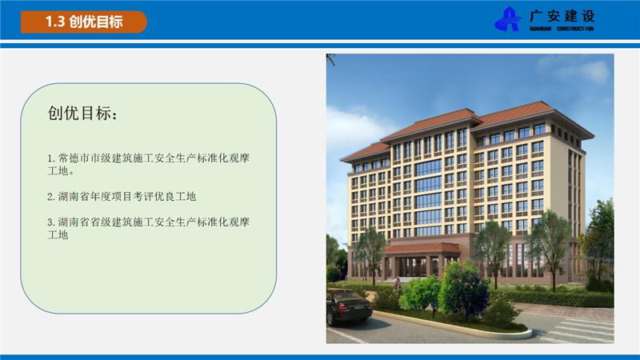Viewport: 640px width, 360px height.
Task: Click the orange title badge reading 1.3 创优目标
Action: click(84, 22)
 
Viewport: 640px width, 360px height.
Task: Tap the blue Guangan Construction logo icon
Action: click(508, 18)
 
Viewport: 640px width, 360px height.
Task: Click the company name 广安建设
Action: click(562, 16)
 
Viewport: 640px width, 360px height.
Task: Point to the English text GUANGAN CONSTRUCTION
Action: click(562, 29)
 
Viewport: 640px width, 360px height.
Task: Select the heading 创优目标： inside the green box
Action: click(83, 113)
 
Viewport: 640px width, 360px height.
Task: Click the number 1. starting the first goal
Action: click(51, 158)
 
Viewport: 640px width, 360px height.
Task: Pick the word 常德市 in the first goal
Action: click(74, 158)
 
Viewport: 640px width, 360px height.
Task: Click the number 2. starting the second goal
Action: click(51, 197)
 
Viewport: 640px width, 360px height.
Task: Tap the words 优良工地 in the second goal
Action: click(175, 196)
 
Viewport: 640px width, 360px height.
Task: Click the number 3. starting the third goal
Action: click(51, 222)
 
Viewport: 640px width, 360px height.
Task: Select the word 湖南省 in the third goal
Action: click(74, 222)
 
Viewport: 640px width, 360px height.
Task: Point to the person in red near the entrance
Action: click(397, 283)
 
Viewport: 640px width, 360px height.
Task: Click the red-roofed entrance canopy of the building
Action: click(422, 248)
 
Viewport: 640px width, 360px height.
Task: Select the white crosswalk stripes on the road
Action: click(579, 330)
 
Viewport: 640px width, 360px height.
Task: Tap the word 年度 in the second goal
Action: click(101, 196)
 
